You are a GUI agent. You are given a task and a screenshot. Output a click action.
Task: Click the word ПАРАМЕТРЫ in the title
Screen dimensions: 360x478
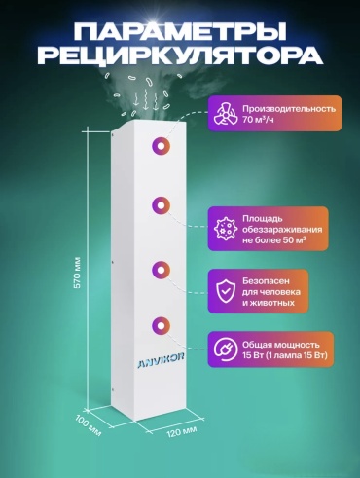tap(180, 31)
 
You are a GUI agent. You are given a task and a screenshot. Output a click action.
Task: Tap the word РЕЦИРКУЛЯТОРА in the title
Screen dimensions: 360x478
tap(180, 55)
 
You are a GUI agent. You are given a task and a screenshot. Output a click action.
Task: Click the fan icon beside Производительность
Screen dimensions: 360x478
tap(226, 114)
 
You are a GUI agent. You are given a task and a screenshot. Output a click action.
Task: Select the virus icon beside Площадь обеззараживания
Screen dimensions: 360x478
tap(224, 229)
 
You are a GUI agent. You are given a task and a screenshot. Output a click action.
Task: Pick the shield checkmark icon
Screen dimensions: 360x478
tap(225, 291)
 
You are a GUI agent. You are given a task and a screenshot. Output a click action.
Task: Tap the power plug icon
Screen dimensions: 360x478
tap(224, 349)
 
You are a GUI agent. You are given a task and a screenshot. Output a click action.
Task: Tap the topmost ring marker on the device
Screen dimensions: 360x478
tap(161, 147)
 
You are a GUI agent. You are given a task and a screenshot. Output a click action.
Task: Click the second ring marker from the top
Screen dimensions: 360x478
tap(161, 205)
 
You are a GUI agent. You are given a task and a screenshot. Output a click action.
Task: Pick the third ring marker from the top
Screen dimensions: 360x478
tap(161, 270)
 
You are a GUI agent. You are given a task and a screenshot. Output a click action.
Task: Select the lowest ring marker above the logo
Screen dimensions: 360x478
tap(161, 325)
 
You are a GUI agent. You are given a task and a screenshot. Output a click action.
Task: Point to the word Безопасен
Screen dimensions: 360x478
tap(266, 280)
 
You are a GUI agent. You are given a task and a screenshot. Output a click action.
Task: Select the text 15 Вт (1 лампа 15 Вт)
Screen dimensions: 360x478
tap(285, 355)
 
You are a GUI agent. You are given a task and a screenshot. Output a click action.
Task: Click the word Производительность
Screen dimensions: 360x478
tap(289, 108)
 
